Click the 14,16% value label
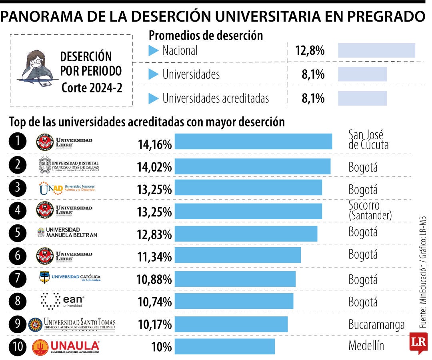(x=154, y=144)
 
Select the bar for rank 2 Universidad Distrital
(x=252, y=166)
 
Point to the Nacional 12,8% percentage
(x=310, y=51)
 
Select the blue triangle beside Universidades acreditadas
(x=154, y=98)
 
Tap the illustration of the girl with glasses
(x=36, y=69)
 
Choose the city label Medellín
(x=366, y=346)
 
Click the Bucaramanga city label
(x=376, y=325)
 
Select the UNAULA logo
(x=66, y=347)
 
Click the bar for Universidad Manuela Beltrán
(x=246, y=234)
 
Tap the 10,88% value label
(x=154, y=279)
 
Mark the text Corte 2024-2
(x=92, y=88)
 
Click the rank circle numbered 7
(x=18, y=278)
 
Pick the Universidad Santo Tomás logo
(x=72, y=324)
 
